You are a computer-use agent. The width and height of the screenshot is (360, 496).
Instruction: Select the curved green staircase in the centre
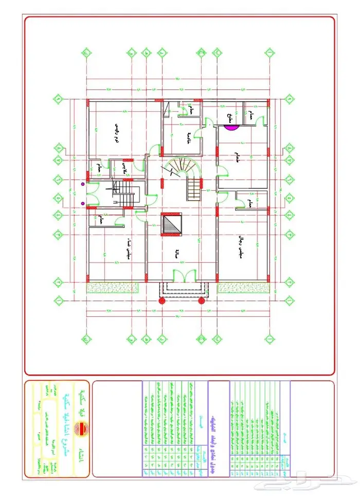pyautogui.click(x=183, y=172)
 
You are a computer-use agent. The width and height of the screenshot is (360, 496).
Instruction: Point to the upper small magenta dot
pyautogui.click(x=82, y=183)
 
